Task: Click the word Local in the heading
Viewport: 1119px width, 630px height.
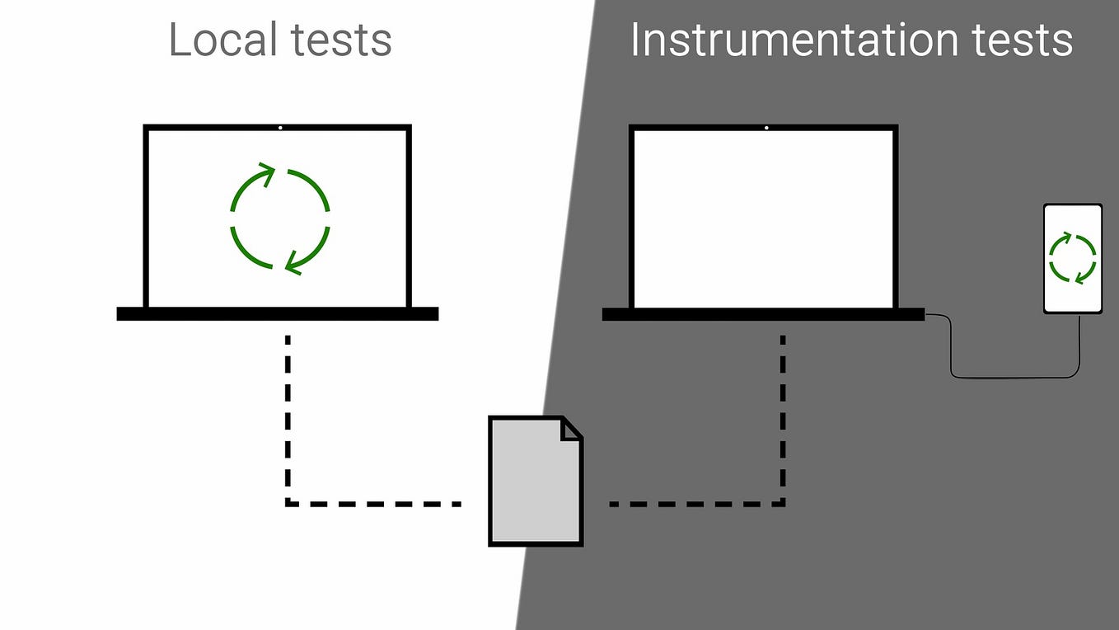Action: pos(213,40)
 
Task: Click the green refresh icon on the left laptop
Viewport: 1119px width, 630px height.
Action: pos(279,219)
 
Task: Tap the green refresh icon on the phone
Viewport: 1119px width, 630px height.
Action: pos(1072,258)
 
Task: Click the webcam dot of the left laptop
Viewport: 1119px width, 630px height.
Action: pos(280,128)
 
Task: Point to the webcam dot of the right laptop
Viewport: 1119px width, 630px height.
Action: pos(766,128)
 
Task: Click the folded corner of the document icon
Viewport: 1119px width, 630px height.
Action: pos(571,429)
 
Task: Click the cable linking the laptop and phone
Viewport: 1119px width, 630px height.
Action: pos(1014,378)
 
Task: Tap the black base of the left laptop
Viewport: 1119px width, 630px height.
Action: pos(277,314)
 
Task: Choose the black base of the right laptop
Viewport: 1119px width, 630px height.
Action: pos(763,314)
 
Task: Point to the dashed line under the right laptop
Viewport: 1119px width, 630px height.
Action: pos(782,412)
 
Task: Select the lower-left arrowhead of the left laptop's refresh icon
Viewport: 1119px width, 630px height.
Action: pos(292,264)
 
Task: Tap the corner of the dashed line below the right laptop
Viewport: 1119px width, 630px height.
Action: pos(782,503)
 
